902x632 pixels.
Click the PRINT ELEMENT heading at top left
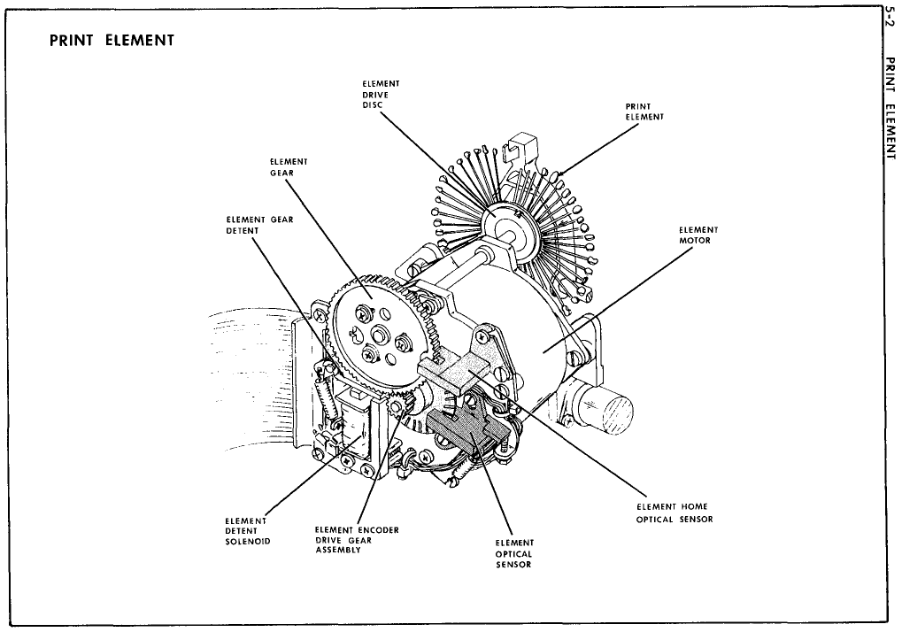pos(112,40)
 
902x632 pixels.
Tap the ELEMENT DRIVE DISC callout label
pos(381,95)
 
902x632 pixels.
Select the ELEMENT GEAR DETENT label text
pos(259,225)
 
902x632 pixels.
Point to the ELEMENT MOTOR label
pos(698,235)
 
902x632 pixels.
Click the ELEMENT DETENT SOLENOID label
pos(247,531)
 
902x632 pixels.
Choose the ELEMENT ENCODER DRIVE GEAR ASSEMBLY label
pos(357,540)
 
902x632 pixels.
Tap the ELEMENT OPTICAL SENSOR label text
pos(514,553)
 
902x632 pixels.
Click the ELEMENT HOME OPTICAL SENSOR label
pos(675,513)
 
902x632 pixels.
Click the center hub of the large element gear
pos(381,332)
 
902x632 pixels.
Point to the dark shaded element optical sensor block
pos(466,432)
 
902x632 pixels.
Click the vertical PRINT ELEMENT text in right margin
pos(890,107)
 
